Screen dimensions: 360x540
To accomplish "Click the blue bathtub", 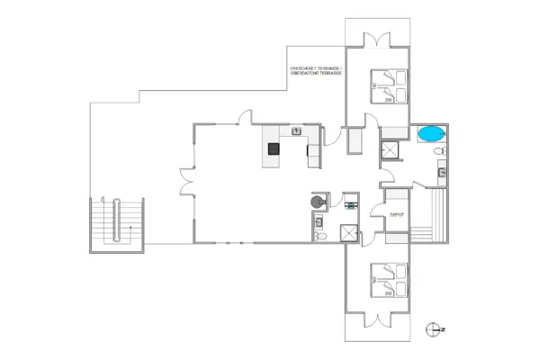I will [431, 134].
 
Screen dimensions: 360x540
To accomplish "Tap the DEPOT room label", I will [396, 214].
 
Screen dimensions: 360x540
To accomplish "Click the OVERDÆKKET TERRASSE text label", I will [316, 69].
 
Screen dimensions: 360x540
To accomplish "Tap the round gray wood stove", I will [318, 203].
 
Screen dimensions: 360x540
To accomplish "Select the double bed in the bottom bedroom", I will [388, 279].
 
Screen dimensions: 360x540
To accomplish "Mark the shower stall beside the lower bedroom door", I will [347, 231].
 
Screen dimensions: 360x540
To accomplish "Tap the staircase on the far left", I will [116, 222].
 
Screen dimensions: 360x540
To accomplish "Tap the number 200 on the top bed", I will [389, 100].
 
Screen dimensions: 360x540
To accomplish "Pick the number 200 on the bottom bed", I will [389, 293].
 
